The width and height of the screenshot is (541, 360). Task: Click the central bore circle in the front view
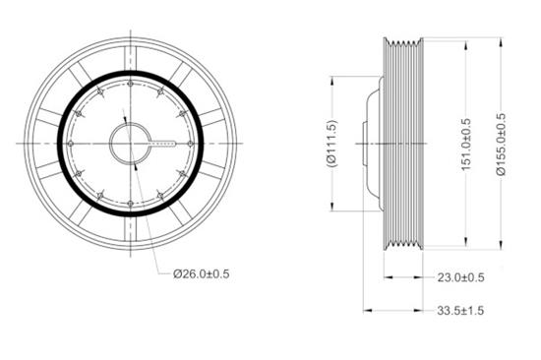(x=130, y=144)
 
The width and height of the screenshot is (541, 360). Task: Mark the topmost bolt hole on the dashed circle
(x=131, y=85)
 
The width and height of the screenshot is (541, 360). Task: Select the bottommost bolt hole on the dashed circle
(x=131, y=203)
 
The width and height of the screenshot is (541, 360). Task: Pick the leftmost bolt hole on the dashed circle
(x=72, y=144)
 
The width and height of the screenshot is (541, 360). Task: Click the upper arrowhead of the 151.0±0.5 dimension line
(x=466, y=45)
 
